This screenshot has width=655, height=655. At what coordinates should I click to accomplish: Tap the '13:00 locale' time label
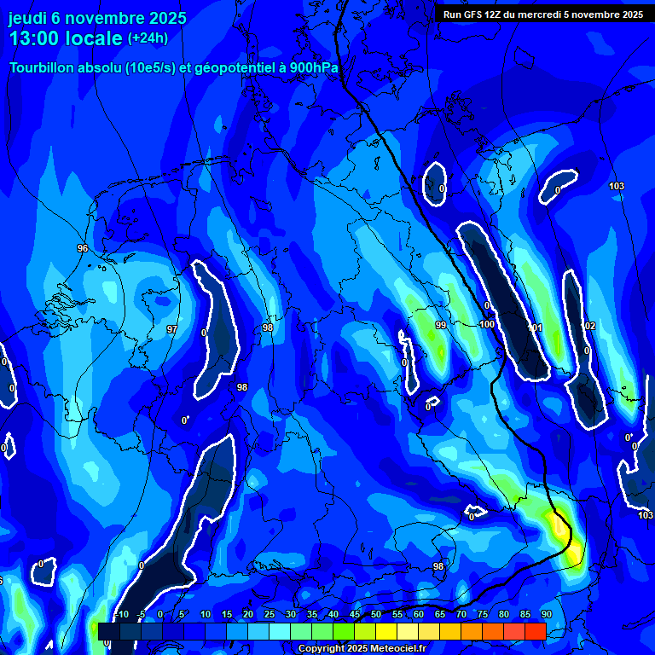click(x=66, y=38)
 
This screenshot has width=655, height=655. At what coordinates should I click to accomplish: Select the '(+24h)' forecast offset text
click(x=148, y=38)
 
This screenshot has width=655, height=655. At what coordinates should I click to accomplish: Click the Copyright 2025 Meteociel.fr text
click(x=362, y=648)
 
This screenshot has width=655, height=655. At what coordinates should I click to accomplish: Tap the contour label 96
click(x=82, y=248)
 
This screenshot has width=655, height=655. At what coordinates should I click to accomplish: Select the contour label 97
click(x=171, y=329)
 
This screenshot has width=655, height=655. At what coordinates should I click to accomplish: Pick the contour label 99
click(x=440, y=326)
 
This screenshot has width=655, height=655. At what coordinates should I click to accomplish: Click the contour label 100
click(x=487, y=324)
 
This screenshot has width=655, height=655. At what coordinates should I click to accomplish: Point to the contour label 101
click(x=536, y=327)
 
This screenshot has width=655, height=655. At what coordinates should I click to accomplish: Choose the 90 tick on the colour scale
click(x=546, y=615)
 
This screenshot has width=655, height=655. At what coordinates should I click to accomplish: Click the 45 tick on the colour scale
click(x=354, y=615)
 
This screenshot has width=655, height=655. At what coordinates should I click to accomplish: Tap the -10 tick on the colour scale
click(x=122, y=615)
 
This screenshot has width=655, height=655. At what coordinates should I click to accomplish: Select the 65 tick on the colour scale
click(x=439, y=615)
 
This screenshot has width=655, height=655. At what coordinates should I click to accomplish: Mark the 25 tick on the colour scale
click(x=269, y=615)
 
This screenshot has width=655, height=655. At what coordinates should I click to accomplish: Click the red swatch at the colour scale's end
click(x=535, y=631)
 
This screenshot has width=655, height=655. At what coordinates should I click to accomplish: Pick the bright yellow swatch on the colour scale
click(x=385, y=631)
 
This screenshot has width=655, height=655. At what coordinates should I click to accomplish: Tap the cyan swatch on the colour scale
click(x=279, y=631)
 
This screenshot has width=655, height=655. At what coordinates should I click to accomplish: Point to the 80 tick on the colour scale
click(x=503, y=615)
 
